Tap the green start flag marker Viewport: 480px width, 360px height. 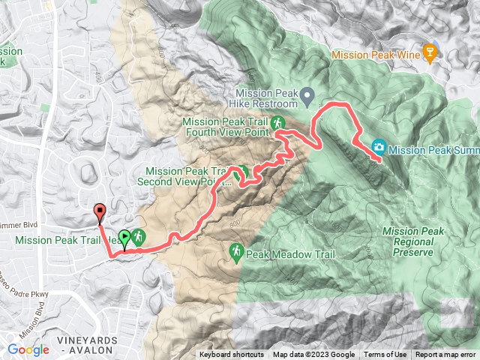[124, 238]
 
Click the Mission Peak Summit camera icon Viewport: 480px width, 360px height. [379, 146]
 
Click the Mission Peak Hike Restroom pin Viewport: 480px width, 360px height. [307, 95]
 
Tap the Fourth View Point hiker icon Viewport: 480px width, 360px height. [277, 122]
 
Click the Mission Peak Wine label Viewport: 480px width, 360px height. [374, 54]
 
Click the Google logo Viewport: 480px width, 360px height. [28, 349]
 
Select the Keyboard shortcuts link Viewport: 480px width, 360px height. [231, 355]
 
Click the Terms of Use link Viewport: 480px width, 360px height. [385, 355]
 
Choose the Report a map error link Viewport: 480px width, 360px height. [445, 355]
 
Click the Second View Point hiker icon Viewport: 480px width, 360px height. [242, 172]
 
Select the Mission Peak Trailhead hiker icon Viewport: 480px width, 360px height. [139, 238]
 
